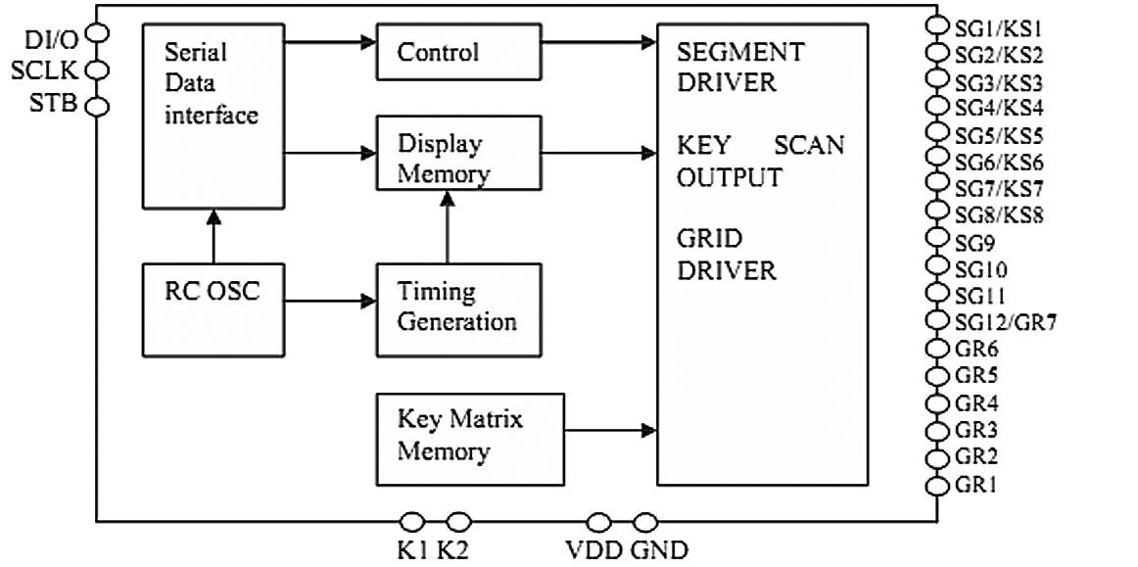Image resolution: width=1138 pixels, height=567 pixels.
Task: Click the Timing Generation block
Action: [457, 307]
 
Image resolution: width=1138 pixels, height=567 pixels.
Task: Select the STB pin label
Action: [53, 104]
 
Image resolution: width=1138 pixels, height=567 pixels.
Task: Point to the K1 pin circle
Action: [413, 522]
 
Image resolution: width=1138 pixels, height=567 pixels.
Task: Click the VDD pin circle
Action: [598, 522]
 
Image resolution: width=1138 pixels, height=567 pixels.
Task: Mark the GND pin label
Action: [659, 549]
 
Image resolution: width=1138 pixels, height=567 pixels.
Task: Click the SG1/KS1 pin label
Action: [998, 28]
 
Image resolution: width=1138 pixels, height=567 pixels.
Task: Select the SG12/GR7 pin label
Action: [1005, 321]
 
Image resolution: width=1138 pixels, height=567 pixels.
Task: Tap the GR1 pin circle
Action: [938, 485]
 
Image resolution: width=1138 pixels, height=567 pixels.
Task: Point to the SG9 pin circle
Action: [938, 240]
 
